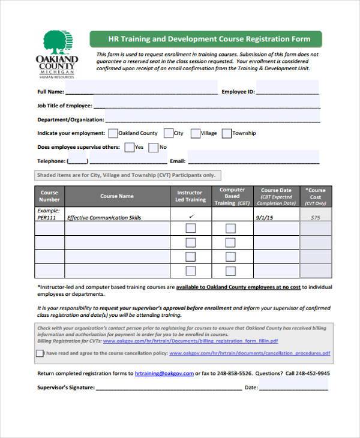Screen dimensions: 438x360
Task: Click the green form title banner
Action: point(205,40)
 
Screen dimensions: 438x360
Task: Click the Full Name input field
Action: point(141,92)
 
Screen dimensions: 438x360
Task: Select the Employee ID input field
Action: point(287,92)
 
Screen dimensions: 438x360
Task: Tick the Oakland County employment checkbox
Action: point(113,133)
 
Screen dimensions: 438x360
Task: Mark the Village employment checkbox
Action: point(195,133)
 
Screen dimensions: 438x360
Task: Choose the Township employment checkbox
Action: point(226,133)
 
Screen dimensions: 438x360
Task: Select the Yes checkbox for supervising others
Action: point(129,147)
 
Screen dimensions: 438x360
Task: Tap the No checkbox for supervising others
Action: point(154,147)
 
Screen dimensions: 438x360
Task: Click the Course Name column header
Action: point(117,196)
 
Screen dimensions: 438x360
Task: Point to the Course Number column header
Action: point(49,196)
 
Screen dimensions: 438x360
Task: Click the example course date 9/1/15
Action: point(265,217)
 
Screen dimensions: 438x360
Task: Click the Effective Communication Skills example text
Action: point(104,218)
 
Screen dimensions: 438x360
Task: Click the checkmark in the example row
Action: point(191,216)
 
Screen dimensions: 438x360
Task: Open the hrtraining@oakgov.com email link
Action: point(164,373)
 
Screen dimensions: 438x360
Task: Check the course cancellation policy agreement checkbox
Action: point(40,353)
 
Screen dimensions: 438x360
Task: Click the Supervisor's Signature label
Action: point(65,388)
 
